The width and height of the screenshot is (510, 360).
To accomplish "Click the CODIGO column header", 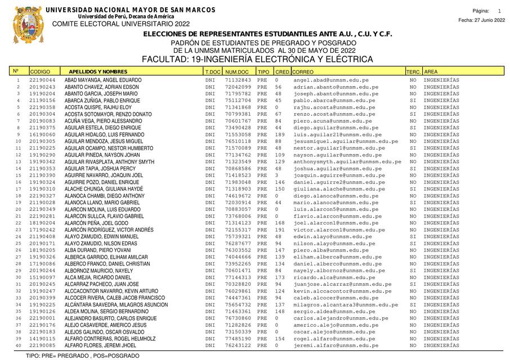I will [x=40, y=72].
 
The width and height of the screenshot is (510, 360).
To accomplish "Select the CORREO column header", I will [x=303, y=72].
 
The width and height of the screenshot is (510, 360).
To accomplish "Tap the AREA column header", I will [x=431, y=72].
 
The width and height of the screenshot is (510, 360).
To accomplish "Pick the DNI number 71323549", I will [x=238, y=162].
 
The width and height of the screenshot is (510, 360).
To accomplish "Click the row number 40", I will [x=18, y=345].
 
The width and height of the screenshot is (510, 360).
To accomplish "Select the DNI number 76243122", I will [x=238, y=345].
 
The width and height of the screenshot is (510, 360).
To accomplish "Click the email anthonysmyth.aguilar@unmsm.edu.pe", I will [x=347, y=162].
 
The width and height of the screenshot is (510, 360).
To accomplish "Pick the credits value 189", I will [x=280, y=135].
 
